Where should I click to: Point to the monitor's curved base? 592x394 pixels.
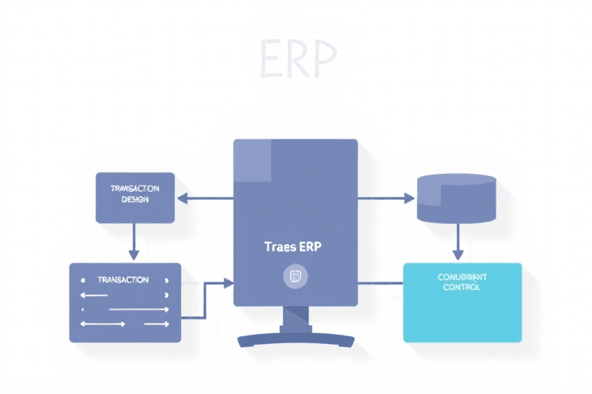[x=296, y=339]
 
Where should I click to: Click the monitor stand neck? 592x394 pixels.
[x=296, y=319]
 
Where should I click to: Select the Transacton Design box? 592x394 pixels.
[x=135, y=198]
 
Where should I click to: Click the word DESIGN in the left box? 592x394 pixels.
[x=135, y=199]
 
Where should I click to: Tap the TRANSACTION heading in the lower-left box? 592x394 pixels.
[x=123, y=280]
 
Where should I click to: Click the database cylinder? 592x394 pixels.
[x=455, y=198]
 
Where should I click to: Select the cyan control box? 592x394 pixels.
[x=462, y=302]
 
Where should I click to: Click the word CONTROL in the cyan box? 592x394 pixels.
[x=462, y=287]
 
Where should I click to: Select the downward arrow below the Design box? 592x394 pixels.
[x=134, y=240]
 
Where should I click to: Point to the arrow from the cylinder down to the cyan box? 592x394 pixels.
[x=457, y=240]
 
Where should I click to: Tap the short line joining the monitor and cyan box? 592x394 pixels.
[x=381, y=282]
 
